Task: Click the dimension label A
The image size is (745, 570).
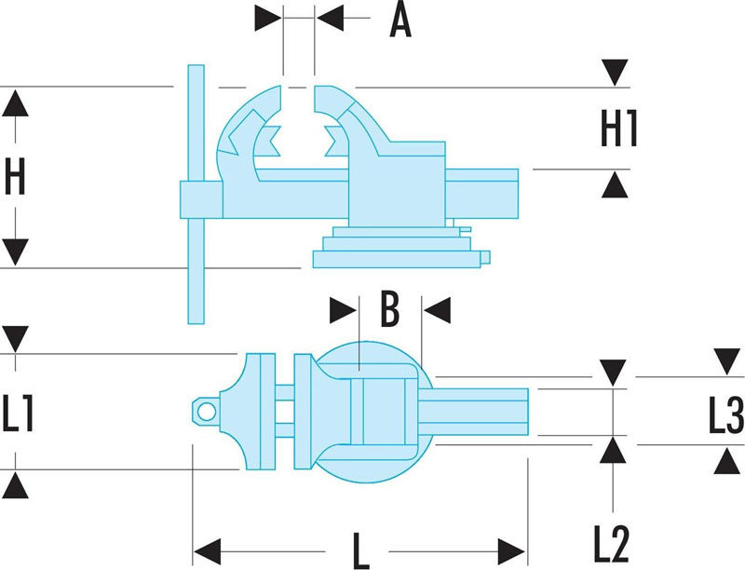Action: [x=400, y=20]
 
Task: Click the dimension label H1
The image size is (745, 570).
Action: [x=618, y=129]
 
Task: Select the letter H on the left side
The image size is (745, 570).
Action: [x=15, y=176]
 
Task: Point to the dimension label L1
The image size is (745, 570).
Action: [x=18, y=414]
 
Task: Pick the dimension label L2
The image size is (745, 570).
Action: [x=612, y=543]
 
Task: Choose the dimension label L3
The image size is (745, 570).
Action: [x=726, y=415]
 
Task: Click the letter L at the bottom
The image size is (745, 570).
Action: [x=361, y=551]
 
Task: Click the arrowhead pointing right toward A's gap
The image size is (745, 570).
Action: [x=268, y=18]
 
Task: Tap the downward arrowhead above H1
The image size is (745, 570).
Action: [x=615, y=73]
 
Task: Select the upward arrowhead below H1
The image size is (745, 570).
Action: [x=615, y=184]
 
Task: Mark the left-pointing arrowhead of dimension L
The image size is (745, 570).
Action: [x=208, y=552]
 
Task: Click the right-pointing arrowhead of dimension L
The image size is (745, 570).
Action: [x=511, y=552]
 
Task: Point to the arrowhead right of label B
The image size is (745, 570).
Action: [x=437, y=311]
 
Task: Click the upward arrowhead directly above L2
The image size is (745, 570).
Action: [x=613, y=450]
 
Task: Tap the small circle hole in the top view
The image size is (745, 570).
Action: [x=207, y=412]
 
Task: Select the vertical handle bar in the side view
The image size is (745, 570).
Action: [x=196, y=195]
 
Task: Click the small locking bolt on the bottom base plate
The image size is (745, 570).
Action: [x=485, y=257]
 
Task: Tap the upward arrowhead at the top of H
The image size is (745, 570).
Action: [x=15, y=103]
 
